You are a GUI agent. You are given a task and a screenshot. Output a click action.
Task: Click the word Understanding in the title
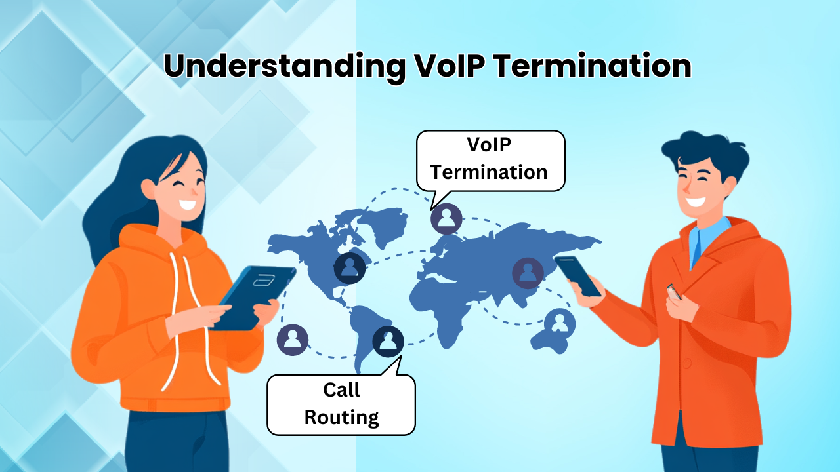(278, 66)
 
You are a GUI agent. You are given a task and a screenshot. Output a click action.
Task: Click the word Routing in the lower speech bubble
(341, 418)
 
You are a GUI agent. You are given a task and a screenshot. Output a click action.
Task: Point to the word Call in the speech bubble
(341, 390)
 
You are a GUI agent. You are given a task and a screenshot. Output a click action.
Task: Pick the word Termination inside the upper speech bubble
(489, 172)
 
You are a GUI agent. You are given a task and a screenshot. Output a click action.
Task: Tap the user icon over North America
(350, 268)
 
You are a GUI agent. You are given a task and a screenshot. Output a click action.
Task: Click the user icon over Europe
(446, 218)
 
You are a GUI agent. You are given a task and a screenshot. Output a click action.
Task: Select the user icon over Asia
(528, 273)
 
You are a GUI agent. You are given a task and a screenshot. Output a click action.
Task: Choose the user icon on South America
(388, 341)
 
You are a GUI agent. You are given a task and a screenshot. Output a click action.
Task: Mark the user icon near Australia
(559, 323)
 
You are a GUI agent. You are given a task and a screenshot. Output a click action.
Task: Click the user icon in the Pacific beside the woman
(293, 340)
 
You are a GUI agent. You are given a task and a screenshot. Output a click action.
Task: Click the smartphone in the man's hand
(577, 275)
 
